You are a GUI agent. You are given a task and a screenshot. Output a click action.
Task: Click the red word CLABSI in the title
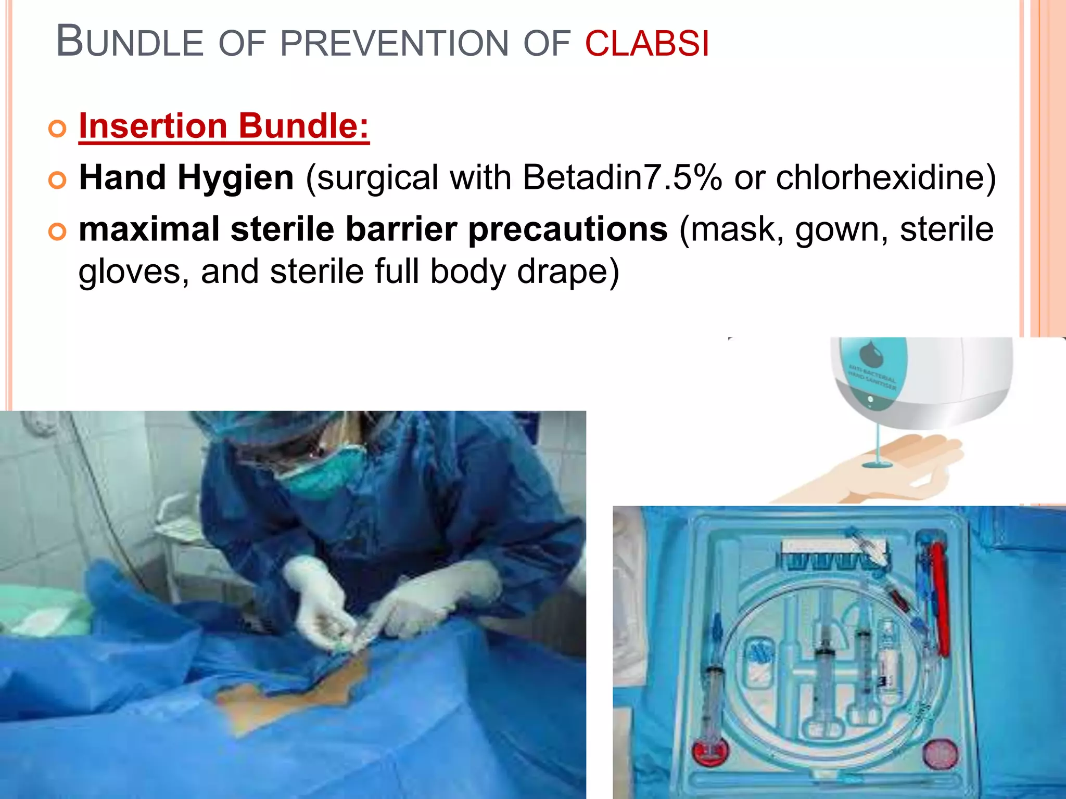pyautogui.click(x=646, y=43)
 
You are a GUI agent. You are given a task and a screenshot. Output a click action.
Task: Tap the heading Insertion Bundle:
pyautogui.click(x=224, y=126)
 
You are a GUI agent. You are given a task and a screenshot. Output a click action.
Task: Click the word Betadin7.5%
pyautogui.click(x=623, y=178)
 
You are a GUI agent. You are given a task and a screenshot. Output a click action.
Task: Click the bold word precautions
pyautogui.click(x=568, y=229)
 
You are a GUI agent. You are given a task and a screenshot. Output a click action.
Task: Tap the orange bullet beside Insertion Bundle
pyautogui.click(x=57, y=128)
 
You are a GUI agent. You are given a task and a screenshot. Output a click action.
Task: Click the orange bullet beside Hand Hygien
pyautogui.click(x=57, y=180)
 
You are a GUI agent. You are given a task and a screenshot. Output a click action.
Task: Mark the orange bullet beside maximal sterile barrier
pyautogui.click(x=57, y=231)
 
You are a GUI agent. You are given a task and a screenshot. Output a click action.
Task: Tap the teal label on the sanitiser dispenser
pyautogui.click(x=874, y=372)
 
